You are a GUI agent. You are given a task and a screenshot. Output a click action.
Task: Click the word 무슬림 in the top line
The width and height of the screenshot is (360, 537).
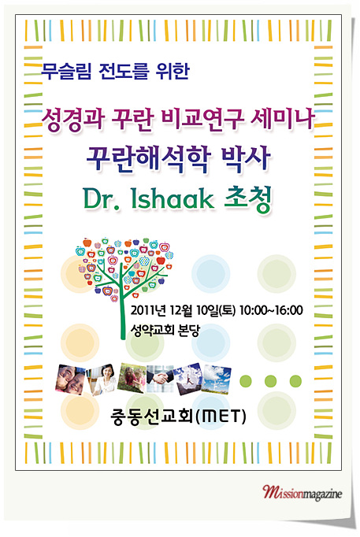[66, 72]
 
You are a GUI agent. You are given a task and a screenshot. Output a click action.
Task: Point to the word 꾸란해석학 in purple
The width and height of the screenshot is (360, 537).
[148, 159]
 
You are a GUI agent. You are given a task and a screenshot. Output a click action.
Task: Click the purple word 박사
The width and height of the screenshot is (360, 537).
[246, 158]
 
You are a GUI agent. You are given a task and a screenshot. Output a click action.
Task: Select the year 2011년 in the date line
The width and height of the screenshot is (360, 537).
[148, 310]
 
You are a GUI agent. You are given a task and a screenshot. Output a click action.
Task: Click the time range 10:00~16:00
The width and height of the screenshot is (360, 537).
[271, 310]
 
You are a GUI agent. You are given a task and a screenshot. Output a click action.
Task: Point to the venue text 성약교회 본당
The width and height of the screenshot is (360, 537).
[165, 331]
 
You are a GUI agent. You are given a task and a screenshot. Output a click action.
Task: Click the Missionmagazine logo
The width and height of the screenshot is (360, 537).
[302, 493]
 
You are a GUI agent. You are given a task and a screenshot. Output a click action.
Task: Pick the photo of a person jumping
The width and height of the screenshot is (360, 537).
[188, 378]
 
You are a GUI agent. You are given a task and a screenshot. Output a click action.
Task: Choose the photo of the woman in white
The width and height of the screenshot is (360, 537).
[102, 380]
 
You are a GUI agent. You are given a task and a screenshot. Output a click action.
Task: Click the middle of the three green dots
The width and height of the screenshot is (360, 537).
[271, 381]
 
